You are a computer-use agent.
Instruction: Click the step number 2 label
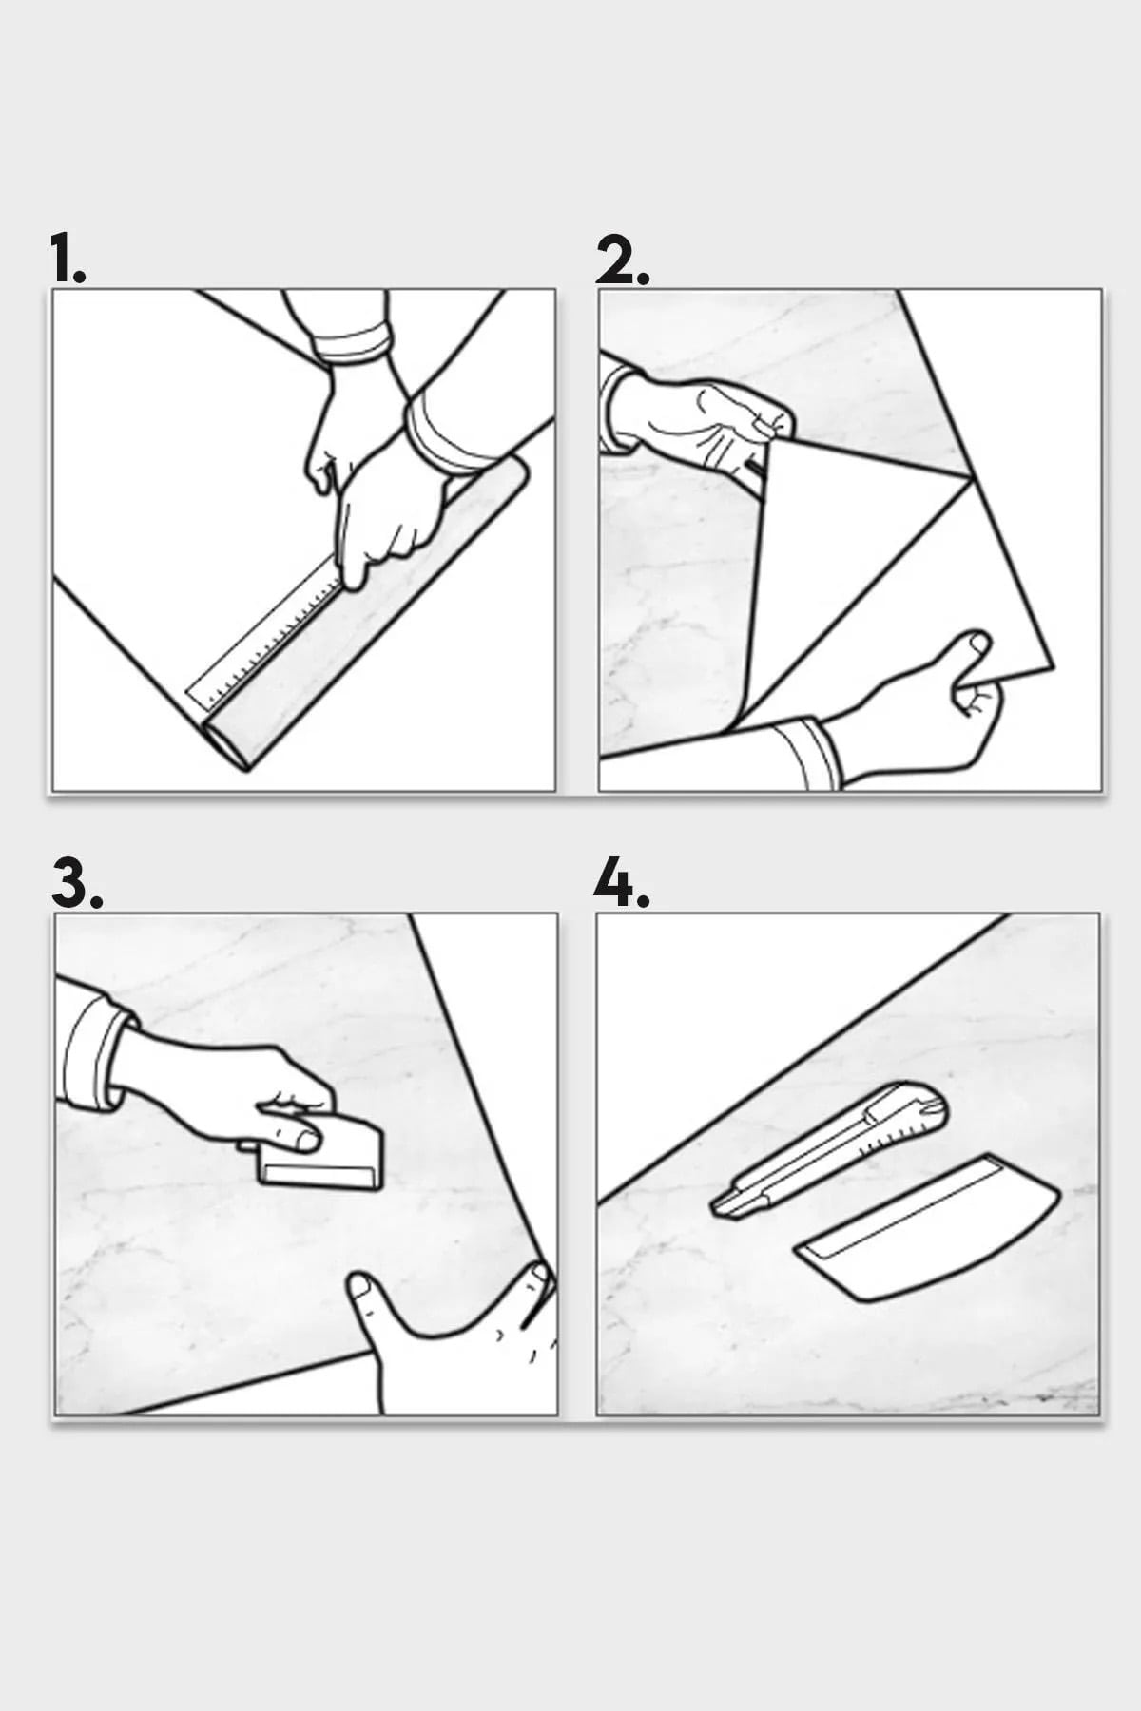coord(623,260)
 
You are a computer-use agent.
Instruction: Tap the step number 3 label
coord(76,884)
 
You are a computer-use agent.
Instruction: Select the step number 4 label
coord(621,884)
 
